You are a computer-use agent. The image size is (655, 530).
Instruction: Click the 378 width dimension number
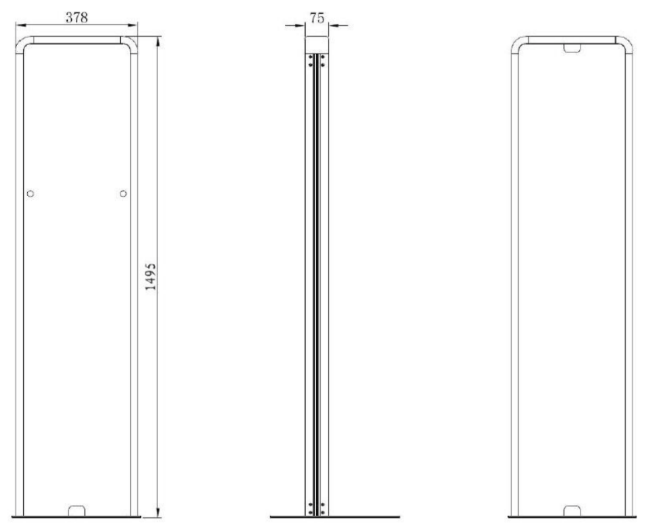coord(77,18)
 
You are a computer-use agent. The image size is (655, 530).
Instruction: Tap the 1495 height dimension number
coord(150,277)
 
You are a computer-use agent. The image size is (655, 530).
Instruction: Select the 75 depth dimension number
coord(317,18)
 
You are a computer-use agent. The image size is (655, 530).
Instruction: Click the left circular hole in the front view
coord(30,194)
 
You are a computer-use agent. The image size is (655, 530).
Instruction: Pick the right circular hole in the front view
coord(123,194)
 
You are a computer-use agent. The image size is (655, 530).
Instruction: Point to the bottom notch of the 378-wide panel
coord(77,511)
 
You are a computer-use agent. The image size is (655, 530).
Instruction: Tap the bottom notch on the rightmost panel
coord(572,511)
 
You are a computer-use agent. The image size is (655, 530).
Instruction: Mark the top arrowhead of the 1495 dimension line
coord(157,41)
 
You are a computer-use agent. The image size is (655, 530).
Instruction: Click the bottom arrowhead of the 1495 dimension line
coord(157,512)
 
